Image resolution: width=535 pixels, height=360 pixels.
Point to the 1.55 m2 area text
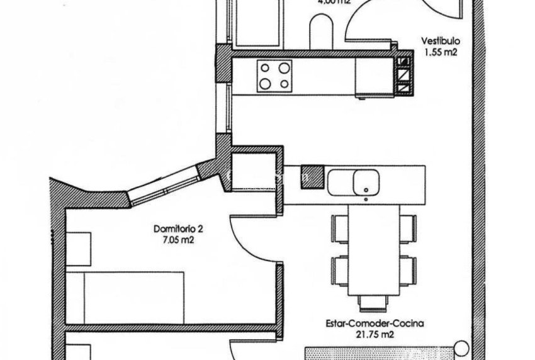[x=439, y=53]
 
